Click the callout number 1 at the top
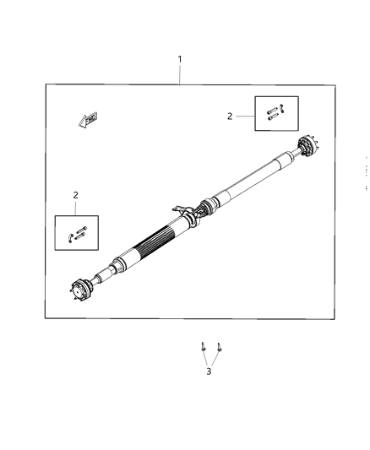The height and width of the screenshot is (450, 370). coord(179,59)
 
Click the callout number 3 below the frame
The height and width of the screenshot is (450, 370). coord(209,371)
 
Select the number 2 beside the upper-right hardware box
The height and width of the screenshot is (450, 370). coord(229,117)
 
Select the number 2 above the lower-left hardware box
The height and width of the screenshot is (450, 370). coord(76,195)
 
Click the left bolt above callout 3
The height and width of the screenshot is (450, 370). coord(204,347)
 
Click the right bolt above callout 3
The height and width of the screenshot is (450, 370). coord(219,347)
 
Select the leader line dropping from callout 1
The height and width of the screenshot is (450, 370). coord(179,74)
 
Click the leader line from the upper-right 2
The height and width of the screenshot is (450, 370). coord(245,117)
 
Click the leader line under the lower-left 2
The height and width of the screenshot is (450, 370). coord(76,208)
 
